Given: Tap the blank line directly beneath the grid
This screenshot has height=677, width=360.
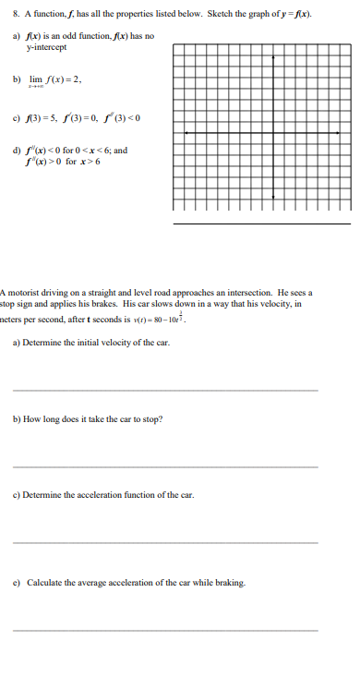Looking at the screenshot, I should pyautogui.click(x=262, y=223).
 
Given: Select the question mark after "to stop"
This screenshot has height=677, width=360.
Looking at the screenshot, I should pyautogui.click(x=162, y=419).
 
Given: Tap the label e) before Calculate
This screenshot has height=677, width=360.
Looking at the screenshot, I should pyautogui.click(x=17, y=583).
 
